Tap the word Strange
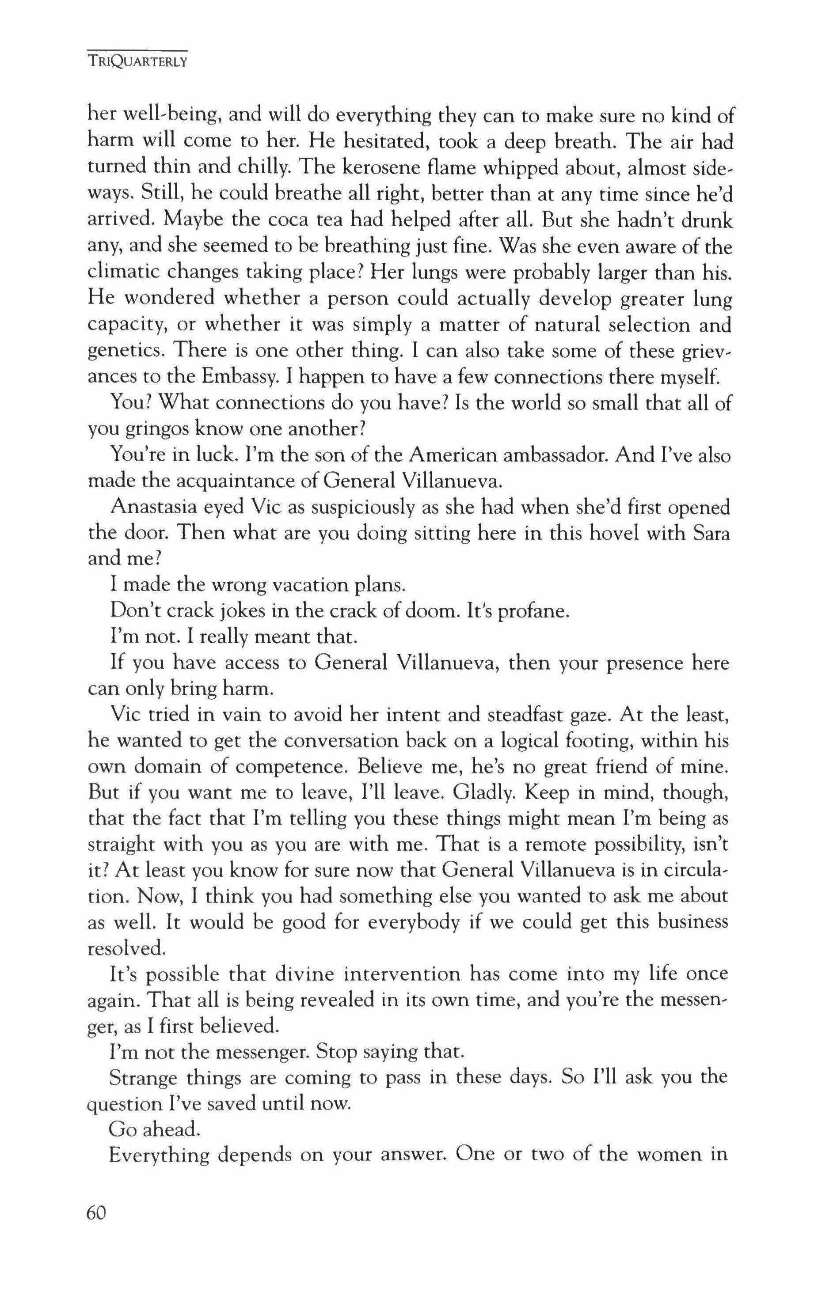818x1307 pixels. pyautogui.click(x=143, y=1078)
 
